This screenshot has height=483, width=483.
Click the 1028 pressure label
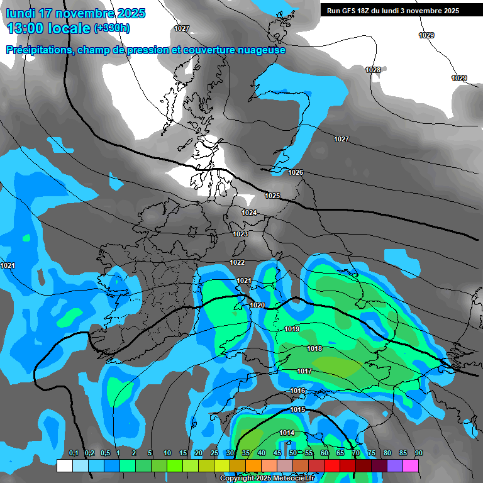(x=373, y=70)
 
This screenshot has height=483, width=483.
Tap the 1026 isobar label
(x=296, y=172)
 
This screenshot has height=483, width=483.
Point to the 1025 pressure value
(x=272, y=196)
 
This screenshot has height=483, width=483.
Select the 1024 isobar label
(x=249, y=213)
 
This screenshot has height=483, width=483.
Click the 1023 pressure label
(x=240, y=235)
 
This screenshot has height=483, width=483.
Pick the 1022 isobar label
(x=237, y=262)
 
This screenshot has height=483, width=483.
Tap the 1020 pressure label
(x=257, y=305)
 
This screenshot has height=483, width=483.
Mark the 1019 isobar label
(x=292, y=329)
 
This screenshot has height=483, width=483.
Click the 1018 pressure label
(x=314, y=349)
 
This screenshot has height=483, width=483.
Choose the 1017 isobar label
(x=304, y=372)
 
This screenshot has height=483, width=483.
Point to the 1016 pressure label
(x=297, y=391)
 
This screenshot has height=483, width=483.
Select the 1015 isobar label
(x=297, y=410)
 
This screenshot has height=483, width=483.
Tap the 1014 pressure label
(x=287, y=433)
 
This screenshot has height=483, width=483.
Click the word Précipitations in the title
(x=40, y=50)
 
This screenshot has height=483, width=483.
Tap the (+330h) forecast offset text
(x=112, y=28)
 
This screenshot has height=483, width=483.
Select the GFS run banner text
(x=392, y=11)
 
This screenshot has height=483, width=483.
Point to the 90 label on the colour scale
(x=419, y=453)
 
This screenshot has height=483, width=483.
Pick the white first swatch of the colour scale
(x=64, y=466)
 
